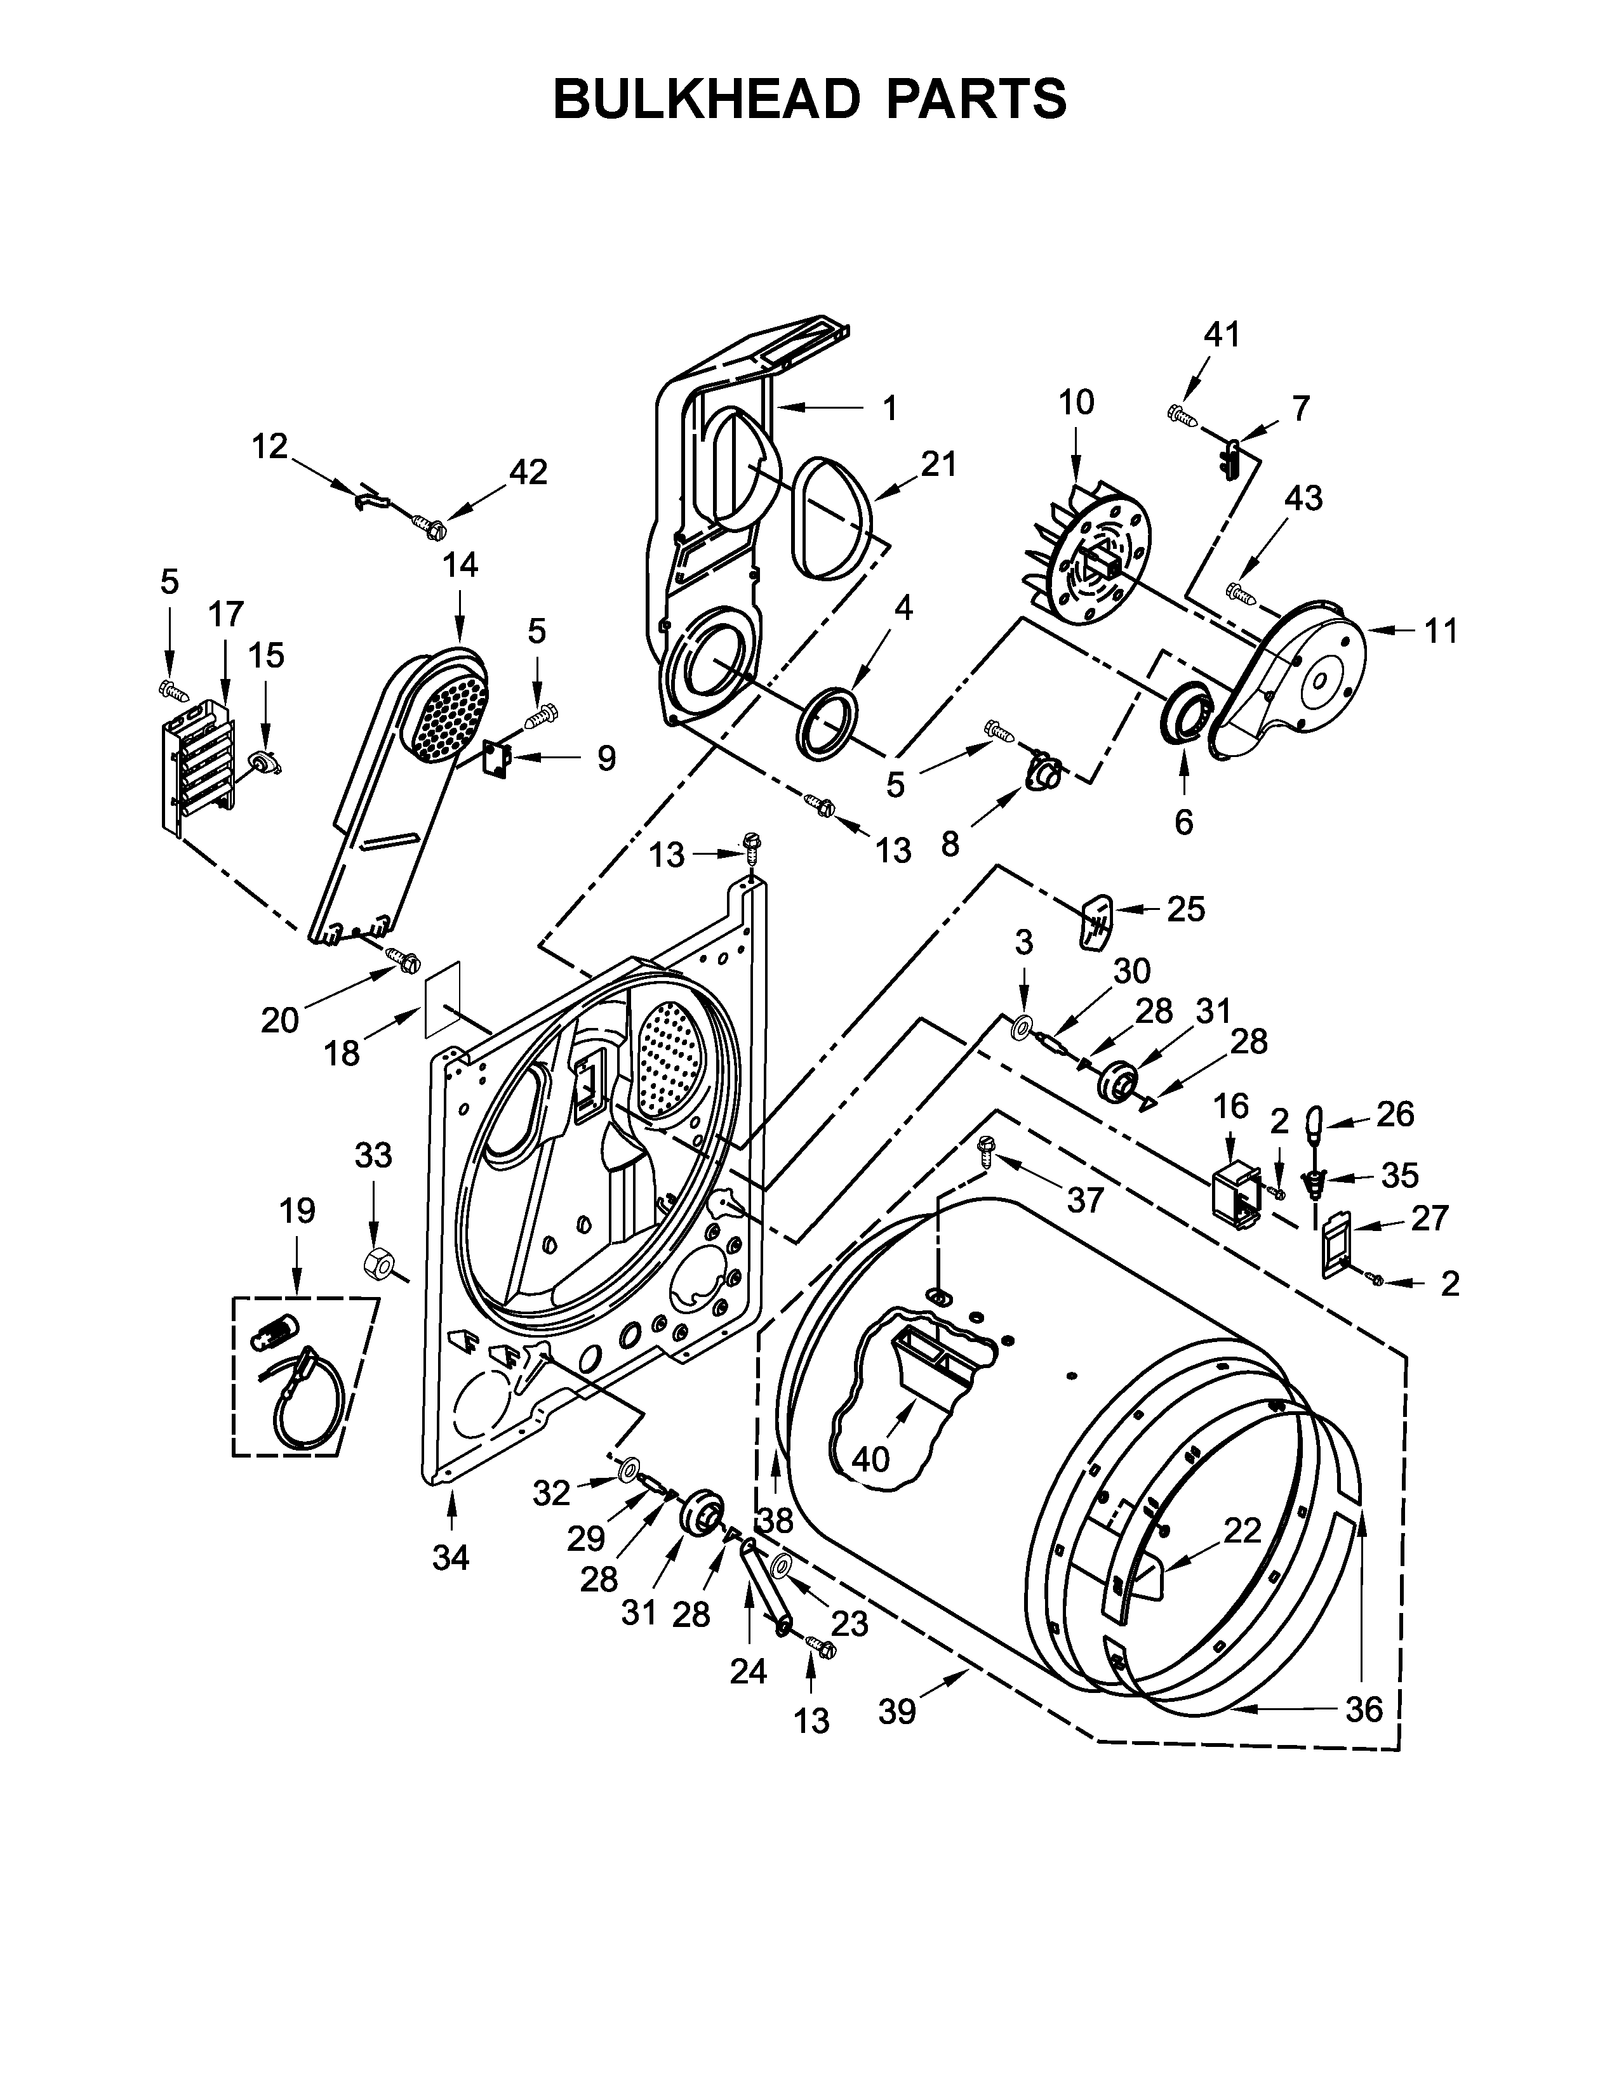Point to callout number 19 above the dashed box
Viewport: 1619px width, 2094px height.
(x=296, y=1211)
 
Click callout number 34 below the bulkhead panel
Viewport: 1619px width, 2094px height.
(x=450, y=1559)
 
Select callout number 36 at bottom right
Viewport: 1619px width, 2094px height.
(x=1364, y=1709)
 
